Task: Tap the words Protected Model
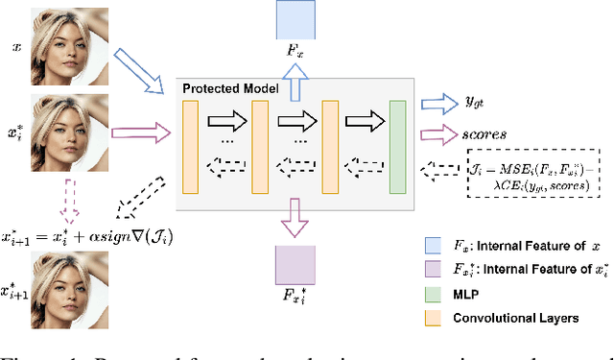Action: point(229,88)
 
